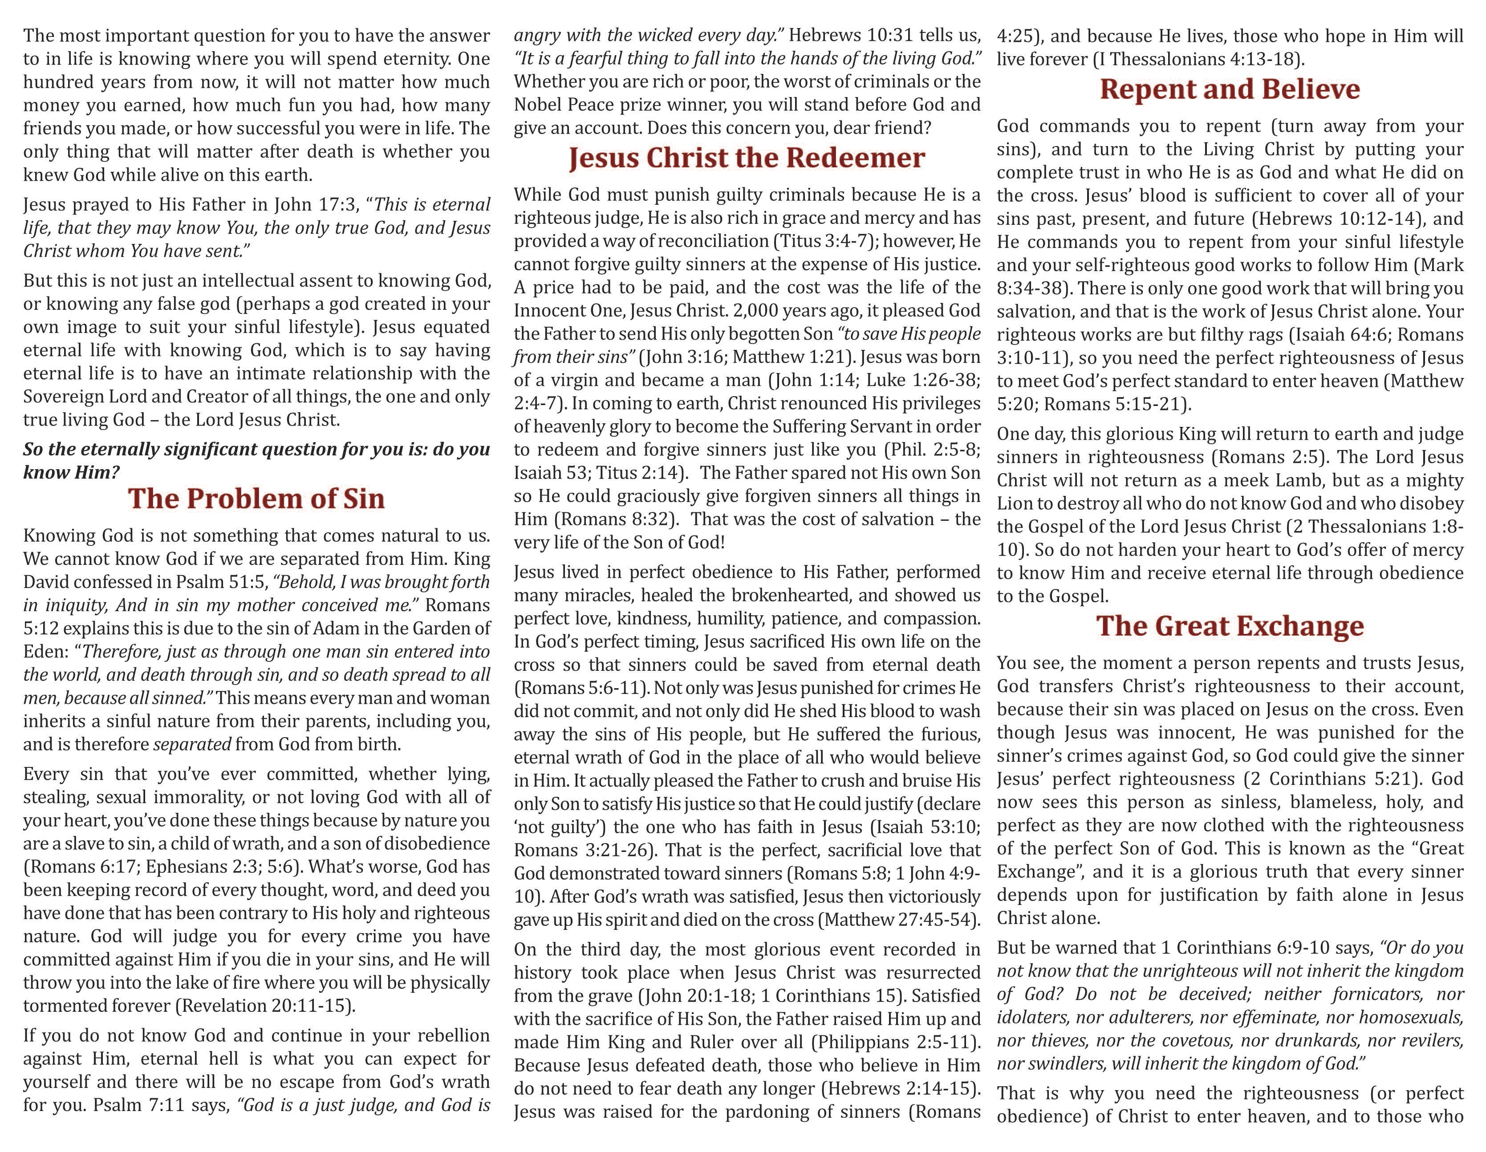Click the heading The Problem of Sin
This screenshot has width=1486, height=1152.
[x=256, y=499]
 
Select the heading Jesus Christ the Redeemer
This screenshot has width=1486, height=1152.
[x=747, y=158]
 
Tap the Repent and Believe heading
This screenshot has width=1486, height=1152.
[x=1230, y=89]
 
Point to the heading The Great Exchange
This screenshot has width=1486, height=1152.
[x=1230, y=626]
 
